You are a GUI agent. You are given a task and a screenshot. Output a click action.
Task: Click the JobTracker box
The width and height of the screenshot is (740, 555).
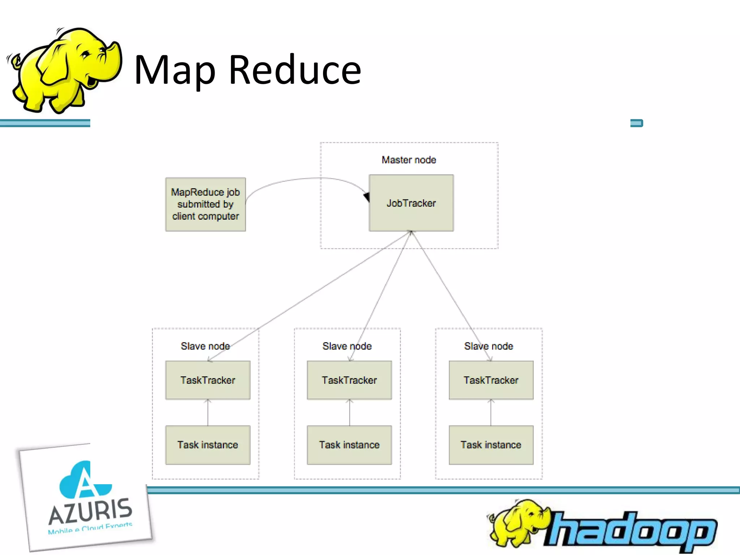(411, 203)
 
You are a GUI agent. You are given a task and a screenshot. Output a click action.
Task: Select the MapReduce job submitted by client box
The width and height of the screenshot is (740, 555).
(206, 204)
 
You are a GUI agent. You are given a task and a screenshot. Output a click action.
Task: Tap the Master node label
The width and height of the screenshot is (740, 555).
(409, 160)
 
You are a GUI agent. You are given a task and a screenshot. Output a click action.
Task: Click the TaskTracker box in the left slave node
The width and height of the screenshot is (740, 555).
(208, 380)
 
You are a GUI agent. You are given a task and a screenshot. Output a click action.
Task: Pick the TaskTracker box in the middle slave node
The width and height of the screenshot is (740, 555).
(349, 380)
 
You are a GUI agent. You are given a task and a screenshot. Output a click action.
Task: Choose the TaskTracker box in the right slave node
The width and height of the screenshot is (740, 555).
(491, 380)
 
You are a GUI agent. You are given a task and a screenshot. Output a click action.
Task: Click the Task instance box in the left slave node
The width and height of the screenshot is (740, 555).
(208, 445)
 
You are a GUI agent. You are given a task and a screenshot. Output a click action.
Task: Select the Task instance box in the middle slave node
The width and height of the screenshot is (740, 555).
(349, 445)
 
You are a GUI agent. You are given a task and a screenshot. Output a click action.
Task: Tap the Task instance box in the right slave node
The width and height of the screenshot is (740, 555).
(491, 445)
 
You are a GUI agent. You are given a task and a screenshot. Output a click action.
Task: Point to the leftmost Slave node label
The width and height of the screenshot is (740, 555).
(205, 346)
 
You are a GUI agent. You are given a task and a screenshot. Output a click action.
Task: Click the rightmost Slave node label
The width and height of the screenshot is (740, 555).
(489, 346)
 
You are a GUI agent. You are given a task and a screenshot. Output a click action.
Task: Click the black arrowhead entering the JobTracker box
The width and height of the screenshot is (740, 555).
(366, 197)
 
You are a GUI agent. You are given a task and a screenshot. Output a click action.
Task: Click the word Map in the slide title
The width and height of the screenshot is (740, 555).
(175, 70)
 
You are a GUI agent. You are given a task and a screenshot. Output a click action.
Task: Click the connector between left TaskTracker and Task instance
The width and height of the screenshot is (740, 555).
(208, 413)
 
